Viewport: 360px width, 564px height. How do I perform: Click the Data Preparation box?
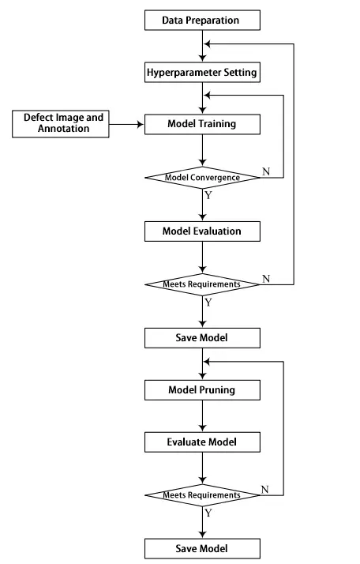point(201,18)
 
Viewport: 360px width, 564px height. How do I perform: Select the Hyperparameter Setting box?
point(201,73)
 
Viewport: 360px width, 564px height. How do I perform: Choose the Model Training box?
point(201,124)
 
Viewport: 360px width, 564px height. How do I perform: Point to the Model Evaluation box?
point(201,231)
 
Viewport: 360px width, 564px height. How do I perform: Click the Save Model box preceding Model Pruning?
point(201,337)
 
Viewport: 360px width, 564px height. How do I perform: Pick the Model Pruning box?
point(201,389)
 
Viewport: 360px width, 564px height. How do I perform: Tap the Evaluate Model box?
point(201,442)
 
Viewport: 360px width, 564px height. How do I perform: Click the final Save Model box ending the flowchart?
point(201,548)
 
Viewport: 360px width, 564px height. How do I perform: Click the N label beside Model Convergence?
point(266,171)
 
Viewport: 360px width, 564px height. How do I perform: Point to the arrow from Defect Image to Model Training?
point(126,124)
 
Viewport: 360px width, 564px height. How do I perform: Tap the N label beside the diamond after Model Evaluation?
point(266,278)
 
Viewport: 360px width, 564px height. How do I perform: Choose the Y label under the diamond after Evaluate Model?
point(208,513)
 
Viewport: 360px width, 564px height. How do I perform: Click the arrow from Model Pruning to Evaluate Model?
point(202,415)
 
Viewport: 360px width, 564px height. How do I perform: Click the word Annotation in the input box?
point(63,129)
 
